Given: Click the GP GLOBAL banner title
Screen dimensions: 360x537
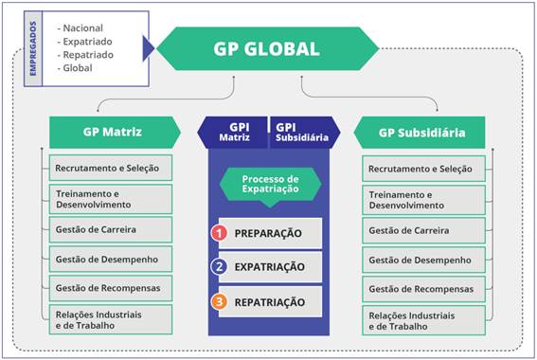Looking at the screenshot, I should click(266, 49).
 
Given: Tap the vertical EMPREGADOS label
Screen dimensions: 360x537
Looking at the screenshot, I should click(32, 48).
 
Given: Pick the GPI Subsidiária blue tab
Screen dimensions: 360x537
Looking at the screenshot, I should click(301, 131).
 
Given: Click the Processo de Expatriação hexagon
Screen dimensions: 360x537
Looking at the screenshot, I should click(269, 184).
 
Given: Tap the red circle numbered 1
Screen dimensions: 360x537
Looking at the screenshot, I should click(220, 232).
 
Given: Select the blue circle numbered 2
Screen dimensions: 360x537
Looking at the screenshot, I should click(220, 267).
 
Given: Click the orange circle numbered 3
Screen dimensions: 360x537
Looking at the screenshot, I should click(220, 302).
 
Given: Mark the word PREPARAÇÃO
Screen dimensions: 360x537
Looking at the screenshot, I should click(269, 233).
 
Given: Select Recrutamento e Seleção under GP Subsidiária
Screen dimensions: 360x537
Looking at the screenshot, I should click(423, 169).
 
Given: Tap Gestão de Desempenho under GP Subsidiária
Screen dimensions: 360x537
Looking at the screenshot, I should click(423, 258).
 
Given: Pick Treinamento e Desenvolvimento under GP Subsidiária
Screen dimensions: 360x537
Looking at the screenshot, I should click(423, 199).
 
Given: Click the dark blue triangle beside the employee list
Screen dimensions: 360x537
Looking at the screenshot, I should click(148, 47).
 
